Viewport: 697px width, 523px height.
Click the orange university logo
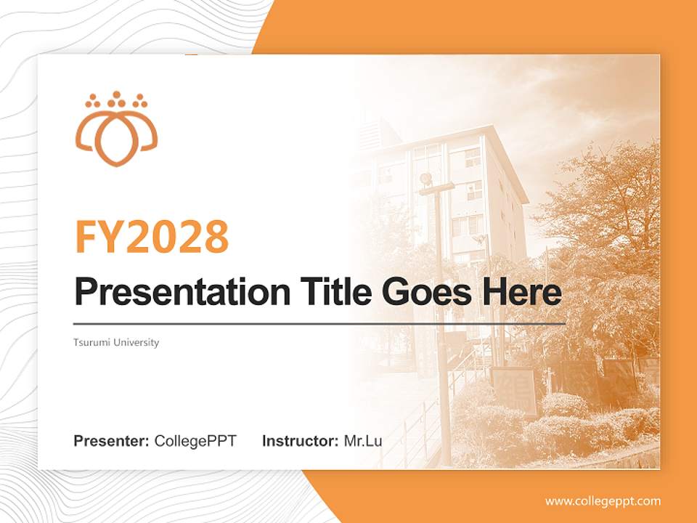point(116,129)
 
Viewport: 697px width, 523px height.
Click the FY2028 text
point(152,236)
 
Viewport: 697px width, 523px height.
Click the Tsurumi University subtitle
point(116,342)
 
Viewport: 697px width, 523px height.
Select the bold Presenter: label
point(112,441)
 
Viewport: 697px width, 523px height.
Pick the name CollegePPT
point(195,441)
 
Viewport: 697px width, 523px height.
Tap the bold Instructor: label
point(300,441)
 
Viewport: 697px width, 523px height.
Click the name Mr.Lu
point(363,441)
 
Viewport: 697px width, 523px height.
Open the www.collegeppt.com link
point(603,501)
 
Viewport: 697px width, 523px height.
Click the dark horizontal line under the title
point(319,323)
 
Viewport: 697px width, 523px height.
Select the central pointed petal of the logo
point(116,142)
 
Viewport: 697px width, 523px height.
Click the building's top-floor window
point(472,156)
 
